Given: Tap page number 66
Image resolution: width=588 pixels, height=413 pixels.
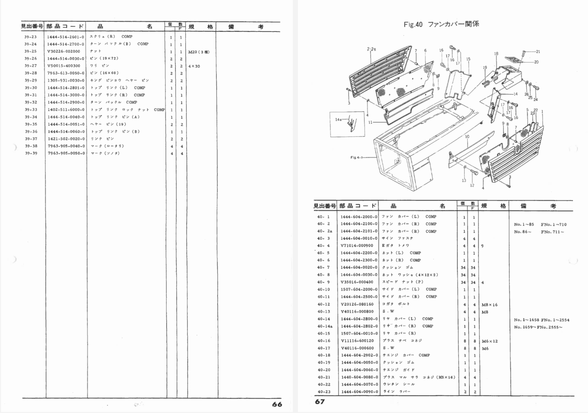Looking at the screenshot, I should [277, 404].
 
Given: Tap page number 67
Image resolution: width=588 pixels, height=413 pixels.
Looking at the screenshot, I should [319, 402].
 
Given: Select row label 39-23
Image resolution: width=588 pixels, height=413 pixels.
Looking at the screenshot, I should [30, 37].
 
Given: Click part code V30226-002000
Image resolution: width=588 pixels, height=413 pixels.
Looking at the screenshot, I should [64, 51].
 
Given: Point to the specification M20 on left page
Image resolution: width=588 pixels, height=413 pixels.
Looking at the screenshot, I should [199, 52].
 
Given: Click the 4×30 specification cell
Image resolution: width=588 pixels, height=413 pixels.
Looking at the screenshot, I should [194, 66].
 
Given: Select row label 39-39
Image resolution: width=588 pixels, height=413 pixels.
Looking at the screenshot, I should [31, 153].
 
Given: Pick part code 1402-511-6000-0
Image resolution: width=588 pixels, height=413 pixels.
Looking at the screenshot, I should [66, 110].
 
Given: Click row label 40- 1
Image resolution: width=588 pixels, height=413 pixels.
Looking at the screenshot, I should [323, 217].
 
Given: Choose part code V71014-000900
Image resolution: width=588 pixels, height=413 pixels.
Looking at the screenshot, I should [357, 245].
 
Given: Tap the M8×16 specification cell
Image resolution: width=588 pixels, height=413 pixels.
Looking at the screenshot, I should [490, 305].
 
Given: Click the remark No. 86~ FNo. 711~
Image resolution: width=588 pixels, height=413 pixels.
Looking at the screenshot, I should [539, 232].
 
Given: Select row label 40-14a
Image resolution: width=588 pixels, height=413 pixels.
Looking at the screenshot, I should [325, 326].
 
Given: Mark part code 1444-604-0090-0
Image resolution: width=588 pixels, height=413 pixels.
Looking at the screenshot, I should [359, 392].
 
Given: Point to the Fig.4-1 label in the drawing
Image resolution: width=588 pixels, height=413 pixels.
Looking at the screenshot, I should [356, 158].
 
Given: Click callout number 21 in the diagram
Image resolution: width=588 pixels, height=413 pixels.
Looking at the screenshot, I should [538, 52].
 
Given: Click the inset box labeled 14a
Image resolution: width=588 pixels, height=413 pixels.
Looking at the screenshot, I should [347, 124].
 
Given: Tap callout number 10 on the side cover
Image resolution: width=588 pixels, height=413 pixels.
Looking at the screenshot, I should [467, 137].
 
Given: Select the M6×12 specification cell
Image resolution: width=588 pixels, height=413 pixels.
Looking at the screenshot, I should [490, 341].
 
